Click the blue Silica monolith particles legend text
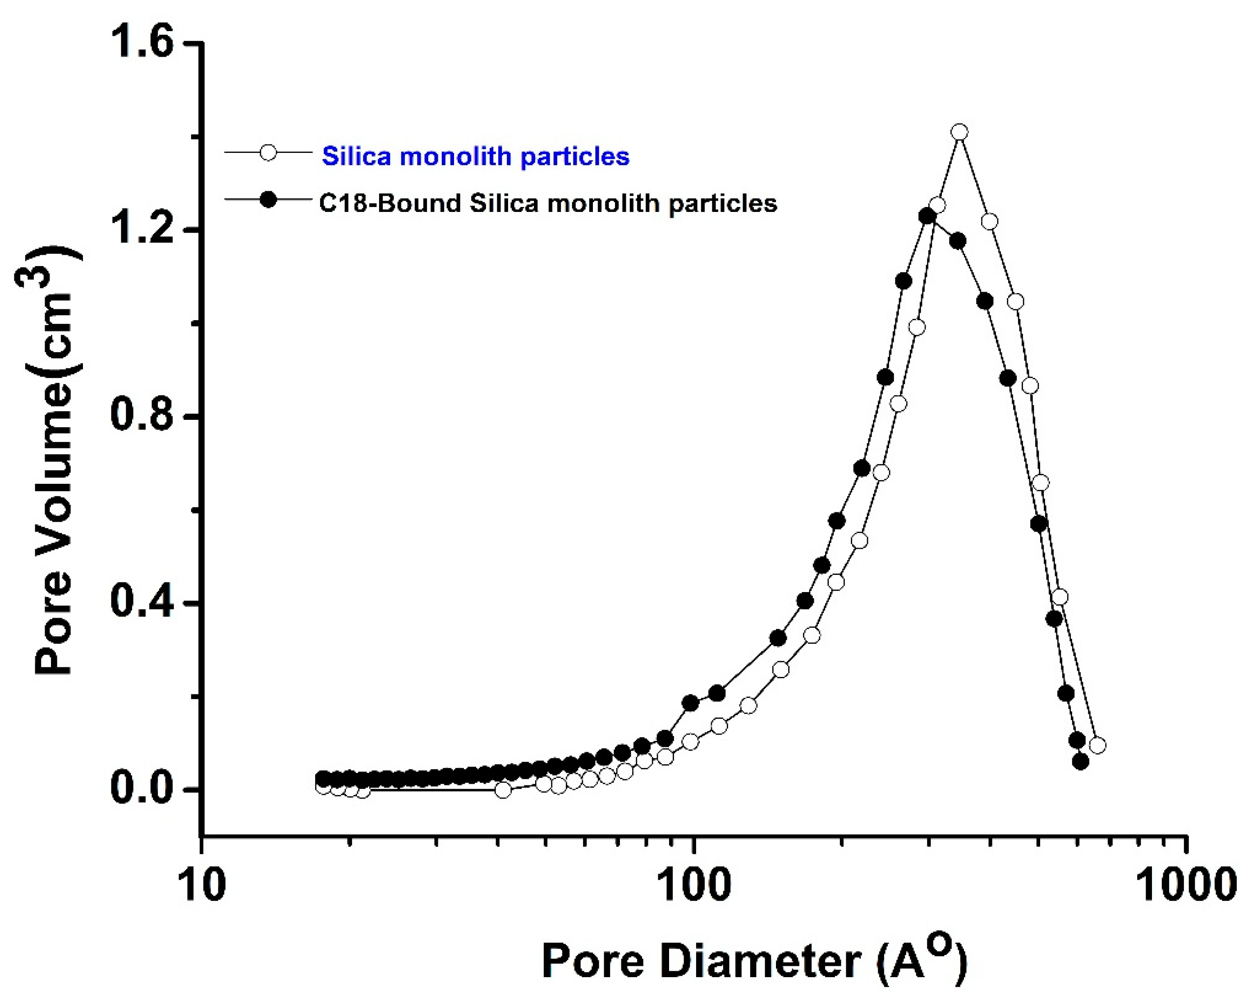pyautogui.click(x=475, y=156)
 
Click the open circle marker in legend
pyautogui.click(x=268, y=152)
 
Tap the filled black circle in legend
pyautogui.click(x=268, y=200)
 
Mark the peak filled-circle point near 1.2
pyautogui.click(x=927, y=216)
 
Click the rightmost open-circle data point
pyautogui.click(x=1097, y=745)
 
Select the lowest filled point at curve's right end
pyautogui.click(x=1081, y=762)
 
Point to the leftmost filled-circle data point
pyautogui.click(x=323, y=779)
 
